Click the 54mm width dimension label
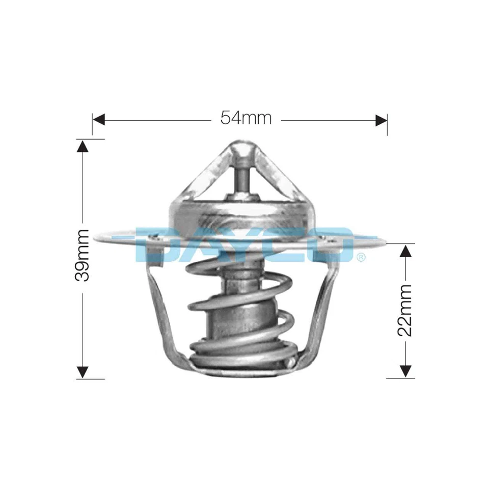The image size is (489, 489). (x=246, y=119)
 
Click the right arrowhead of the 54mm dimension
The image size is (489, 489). (x=381, y=120)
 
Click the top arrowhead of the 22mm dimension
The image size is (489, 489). (x=405, y=251)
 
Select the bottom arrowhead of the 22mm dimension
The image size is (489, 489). (x=405, y=371)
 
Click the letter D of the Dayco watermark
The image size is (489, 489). (x=155, y=244)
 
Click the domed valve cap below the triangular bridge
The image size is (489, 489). (x=240, y=214)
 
